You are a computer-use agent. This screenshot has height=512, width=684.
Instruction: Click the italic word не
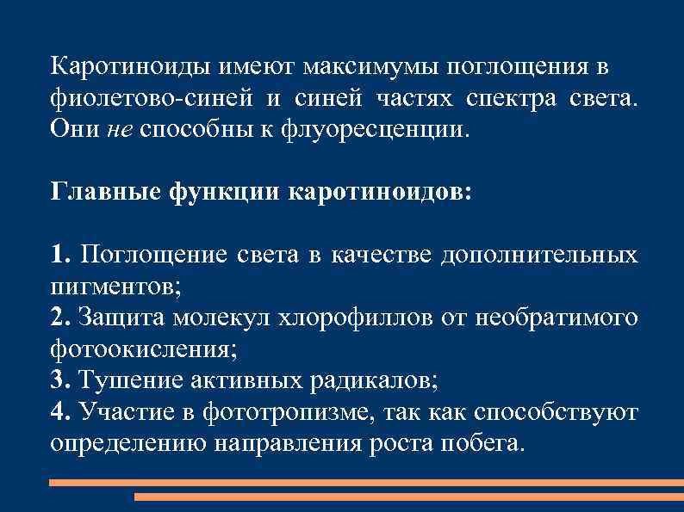(x=120, y=130)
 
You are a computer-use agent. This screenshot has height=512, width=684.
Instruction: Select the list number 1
(x=57, y=255)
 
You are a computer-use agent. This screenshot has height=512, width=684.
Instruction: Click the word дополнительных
(x=538, y=255)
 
